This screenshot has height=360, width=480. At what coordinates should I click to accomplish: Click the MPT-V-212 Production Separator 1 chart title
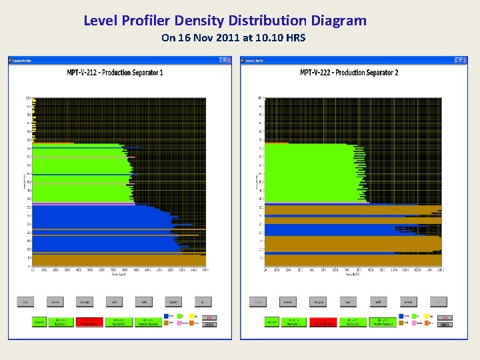pos(115,73)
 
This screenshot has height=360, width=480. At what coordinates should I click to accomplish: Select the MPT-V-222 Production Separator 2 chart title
pos(349,73)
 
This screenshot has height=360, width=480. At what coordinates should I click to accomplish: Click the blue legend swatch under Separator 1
pos(166,316)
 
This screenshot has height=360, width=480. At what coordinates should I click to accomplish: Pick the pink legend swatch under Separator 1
pos(179,323)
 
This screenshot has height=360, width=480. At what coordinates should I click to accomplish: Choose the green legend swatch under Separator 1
pos(179,316)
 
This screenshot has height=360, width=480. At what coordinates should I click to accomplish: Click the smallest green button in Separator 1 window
pos(39,322)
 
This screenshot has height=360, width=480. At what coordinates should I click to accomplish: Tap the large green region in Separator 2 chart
pos(307,173)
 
